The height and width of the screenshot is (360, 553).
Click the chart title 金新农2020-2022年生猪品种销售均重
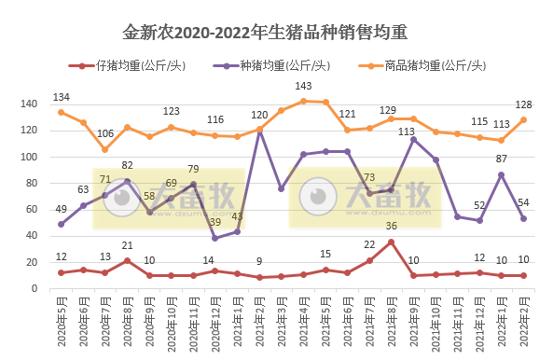[276, 35]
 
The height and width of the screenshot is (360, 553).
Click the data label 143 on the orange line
[303, 87]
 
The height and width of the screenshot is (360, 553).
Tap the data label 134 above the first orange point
[62, 97]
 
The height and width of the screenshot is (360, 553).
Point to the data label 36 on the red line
[392, 227]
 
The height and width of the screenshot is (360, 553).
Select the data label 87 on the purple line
[502, 159]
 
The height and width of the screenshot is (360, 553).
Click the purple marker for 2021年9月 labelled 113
[414, 140]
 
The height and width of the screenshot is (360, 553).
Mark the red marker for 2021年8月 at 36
[392, 242]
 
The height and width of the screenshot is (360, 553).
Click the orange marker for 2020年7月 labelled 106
[105, 149]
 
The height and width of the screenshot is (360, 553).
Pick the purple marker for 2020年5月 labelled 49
[62, 224]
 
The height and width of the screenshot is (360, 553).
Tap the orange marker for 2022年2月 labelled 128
[524, 119]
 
